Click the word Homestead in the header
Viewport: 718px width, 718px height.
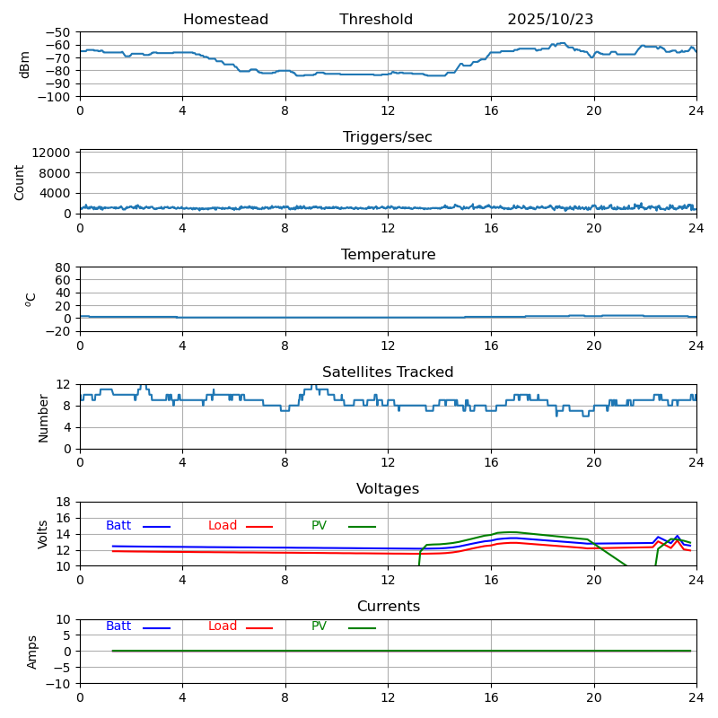225,20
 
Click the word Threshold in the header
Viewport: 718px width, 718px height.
376,20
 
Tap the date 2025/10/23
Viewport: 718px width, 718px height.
550,20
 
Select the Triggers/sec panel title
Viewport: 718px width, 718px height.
388,137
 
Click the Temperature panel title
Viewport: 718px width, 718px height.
388,255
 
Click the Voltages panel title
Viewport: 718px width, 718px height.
388,489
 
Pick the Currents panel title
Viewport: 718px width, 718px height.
388,607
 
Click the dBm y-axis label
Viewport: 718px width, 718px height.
25,65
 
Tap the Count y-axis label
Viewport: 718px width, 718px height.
20,182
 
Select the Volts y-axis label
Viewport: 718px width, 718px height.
43,534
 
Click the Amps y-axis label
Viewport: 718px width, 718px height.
32,652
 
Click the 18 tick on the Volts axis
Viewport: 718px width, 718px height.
64,502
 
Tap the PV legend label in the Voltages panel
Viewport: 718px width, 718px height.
320,526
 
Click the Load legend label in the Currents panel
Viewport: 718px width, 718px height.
223,626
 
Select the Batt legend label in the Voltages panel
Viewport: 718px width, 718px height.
118,526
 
